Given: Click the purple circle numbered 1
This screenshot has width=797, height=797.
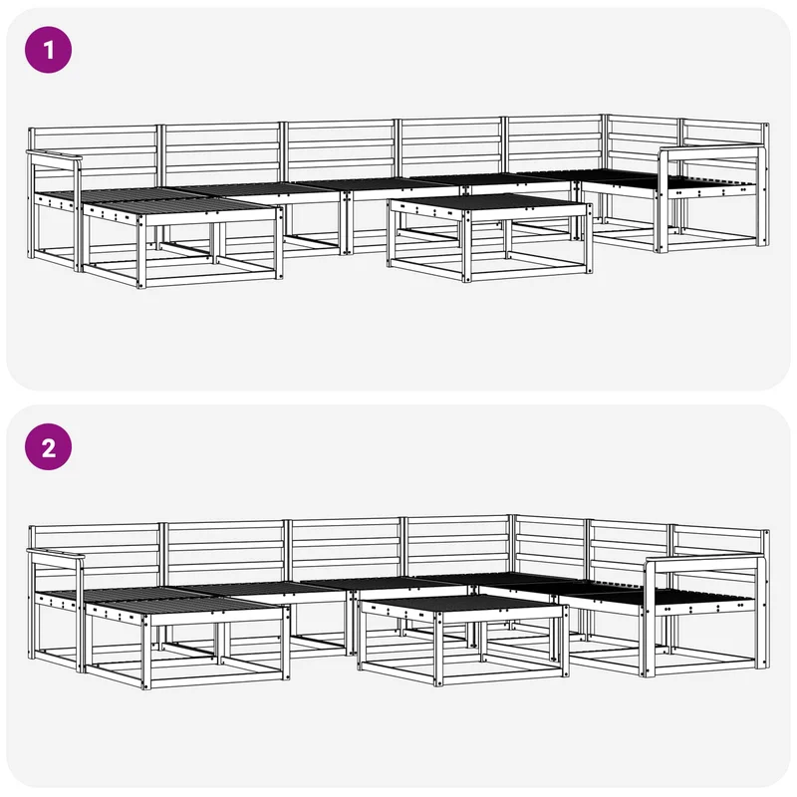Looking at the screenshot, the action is [48, 50].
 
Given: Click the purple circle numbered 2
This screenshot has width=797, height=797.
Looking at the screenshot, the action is [48, 446].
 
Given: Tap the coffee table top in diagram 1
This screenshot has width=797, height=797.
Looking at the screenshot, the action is [489, 202].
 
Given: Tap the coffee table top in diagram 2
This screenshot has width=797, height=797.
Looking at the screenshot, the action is [461, 603].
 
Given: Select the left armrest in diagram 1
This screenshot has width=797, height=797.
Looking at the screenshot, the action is [55, 155].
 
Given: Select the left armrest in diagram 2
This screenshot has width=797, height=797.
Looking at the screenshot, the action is [56, 555].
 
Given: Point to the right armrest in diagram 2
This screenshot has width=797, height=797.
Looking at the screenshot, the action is [705, 560].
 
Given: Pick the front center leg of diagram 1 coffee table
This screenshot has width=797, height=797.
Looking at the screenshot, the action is [466, 245].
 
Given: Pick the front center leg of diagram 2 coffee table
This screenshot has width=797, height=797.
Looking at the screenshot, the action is [438, 648].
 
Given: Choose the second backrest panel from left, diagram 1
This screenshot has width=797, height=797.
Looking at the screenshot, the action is [221, 153].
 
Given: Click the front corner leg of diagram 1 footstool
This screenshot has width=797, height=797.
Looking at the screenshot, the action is [140, 251].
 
